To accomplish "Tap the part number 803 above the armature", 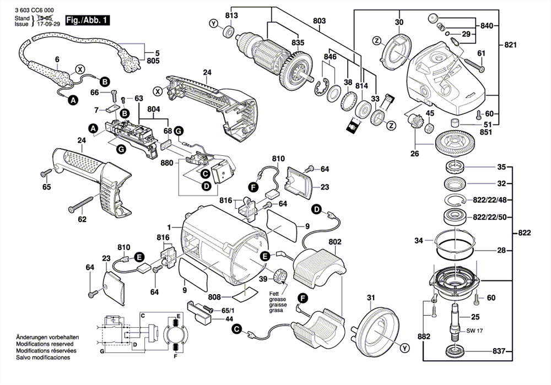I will pyautogui.click(x=320, y=20).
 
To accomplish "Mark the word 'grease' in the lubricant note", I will pyautogui.click(x=278, y=299).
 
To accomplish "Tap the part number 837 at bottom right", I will pyautogui.click(x=499, y=351).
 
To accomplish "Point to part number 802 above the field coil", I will pyautogui.click(x=335, y=242).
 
